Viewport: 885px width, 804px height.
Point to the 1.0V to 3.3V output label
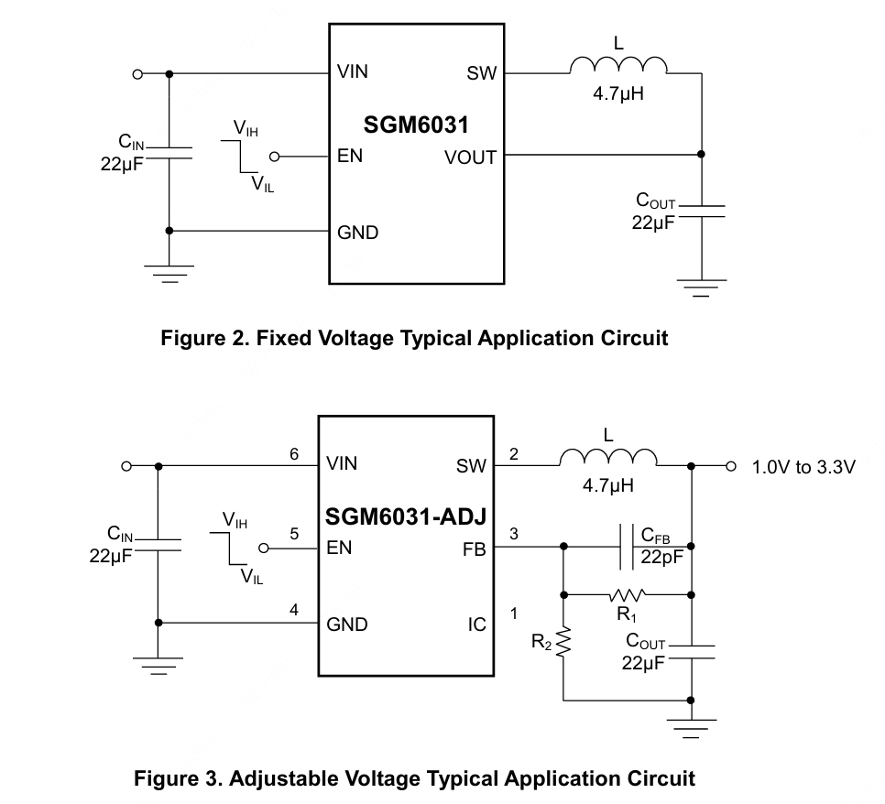pos(803,467)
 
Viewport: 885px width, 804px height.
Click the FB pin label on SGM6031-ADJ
pos(475,549)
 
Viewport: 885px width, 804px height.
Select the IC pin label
pos(477,625)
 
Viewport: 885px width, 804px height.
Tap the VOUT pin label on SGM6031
pos(470,158)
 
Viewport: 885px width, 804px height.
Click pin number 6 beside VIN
pos(294,454)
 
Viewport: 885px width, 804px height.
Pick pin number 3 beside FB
pos(513,534)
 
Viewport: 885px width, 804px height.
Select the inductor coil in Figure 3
pos(608,457)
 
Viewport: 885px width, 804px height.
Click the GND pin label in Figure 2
pos(357,233)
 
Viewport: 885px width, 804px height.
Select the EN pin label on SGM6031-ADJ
pos(339,549)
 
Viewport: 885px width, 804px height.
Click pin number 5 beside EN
pos(294,534)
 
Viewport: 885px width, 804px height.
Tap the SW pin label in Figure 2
pos(481,73)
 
